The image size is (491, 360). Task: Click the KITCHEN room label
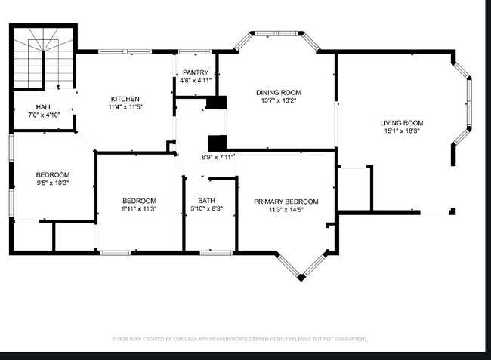coord(125,100)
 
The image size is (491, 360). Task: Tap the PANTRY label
coord(196,72)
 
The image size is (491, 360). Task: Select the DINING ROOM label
coord(275,92)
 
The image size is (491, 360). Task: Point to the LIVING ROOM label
coord(401,123)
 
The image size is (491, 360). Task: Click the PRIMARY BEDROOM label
coord(286,202)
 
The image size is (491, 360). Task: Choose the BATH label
coord(206,200)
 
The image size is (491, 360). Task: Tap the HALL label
coord(43,107)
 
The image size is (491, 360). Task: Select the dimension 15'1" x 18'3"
coord(401,131)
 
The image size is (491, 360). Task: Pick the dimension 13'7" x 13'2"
coord(275,100)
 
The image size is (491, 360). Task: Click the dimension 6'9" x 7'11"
coord(218,158)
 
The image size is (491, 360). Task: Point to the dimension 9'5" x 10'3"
coord(53,183)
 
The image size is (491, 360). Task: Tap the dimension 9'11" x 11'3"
coord(139,209)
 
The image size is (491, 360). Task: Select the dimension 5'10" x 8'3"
coord(206,209)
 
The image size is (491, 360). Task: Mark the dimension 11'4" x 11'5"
coord(125,108)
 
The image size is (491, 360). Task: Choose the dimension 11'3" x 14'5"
coord(286,210)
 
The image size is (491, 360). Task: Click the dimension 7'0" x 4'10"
coord(43,115)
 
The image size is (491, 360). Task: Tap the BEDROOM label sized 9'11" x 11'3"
coord(139,201)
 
